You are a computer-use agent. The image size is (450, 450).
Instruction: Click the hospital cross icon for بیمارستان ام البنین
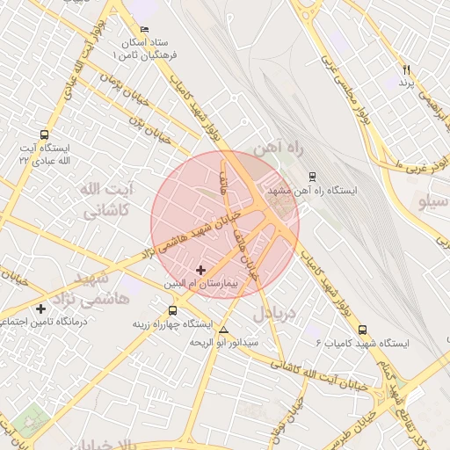pyautogui.click(x=201, y=269)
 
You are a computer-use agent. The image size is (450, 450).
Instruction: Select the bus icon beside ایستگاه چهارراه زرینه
pyautogui.click(x=172, y=310)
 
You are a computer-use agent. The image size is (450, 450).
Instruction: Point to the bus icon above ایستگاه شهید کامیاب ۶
pyautogui.click(x=363, y=330)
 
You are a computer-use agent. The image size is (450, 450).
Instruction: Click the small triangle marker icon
pyautogui.click(x=223, y=330)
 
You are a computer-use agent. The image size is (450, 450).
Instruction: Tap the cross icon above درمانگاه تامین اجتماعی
pyautogui.click(x=41, y=308)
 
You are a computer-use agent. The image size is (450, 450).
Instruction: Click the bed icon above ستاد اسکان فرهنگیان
pyautogui.click(x=145, y=29)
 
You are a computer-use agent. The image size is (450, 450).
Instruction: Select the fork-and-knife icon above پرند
pyautogui.click(x=406, y=69)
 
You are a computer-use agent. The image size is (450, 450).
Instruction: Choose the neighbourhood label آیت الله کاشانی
pyautogui.click(x=105, y=200)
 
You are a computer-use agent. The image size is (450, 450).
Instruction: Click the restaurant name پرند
pyautogui.click(x=406, y=83)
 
